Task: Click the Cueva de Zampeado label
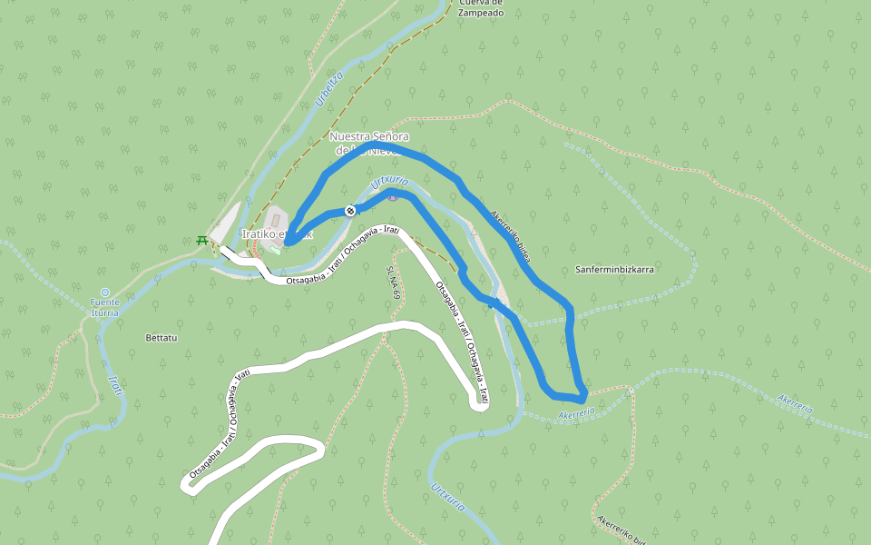click(x=480, y=8)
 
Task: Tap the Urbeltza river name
click(x=329, y=89)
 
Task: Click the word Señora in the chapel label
click(x=387, y=136)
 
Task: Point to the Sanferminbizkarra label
click(x=614, y=270)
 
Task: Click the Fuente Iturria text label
click(x=104, y=307)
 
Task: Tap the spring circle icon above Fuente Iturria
click(x=104, y=292)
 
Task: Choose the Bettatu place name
click(x=161, y=338)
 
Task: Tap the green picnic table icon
click(x=201, y=241)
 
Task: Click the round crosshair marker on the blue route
click(x=350, y=211)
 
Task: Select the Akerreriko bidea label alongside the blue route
click(x=509, y=236)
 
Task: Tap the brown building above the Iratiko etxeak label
click(x=277, y=219)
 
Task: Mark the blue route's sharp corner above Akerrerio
click(x=582, y=397)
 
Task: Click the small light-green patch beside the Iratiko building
click(x=275, y=251)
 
